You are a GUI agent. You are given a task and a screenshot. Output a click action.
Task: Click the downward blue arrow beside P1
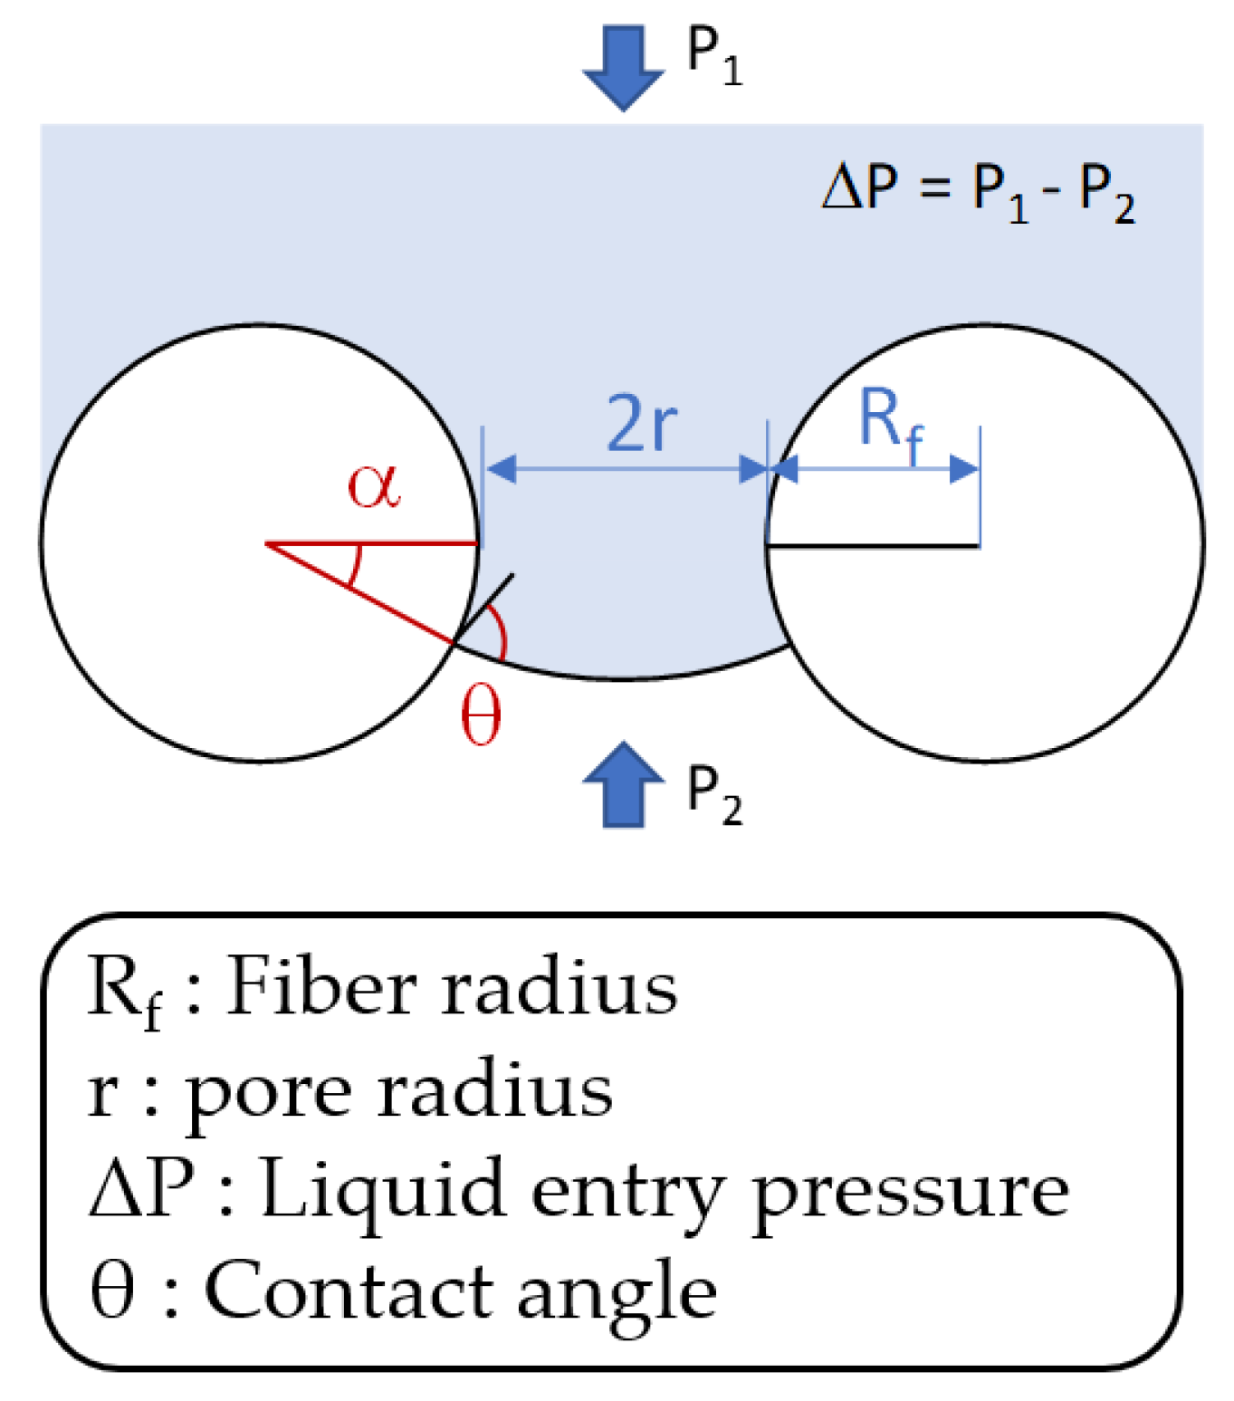[624, 68]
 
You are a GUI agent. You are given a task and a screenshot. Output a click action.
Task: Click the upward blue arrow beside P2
[624, 784]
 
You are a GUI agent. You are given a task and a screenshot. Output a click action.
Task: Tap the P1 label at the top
[714, 57]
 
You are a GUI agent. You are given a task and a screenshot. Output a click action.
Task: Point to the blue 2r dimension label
[641, 423]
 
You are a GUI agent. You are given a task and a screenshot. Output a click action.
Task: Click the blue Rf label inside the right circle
[890, 425]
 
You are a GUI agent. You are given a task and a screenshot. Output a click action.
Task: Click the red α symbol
[374, 486]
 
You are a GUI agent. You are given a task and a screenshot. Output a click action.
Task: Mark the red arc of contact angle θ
[500, 629]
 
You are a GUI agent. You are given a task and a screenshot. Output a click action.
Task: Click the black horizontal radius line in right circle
[873, 545]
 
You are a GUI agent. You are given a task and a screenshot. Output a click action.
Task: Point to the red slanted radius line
[359, 593]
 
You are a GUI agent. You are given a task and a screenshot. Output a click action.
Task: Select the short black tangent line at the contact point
[483, 609]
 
